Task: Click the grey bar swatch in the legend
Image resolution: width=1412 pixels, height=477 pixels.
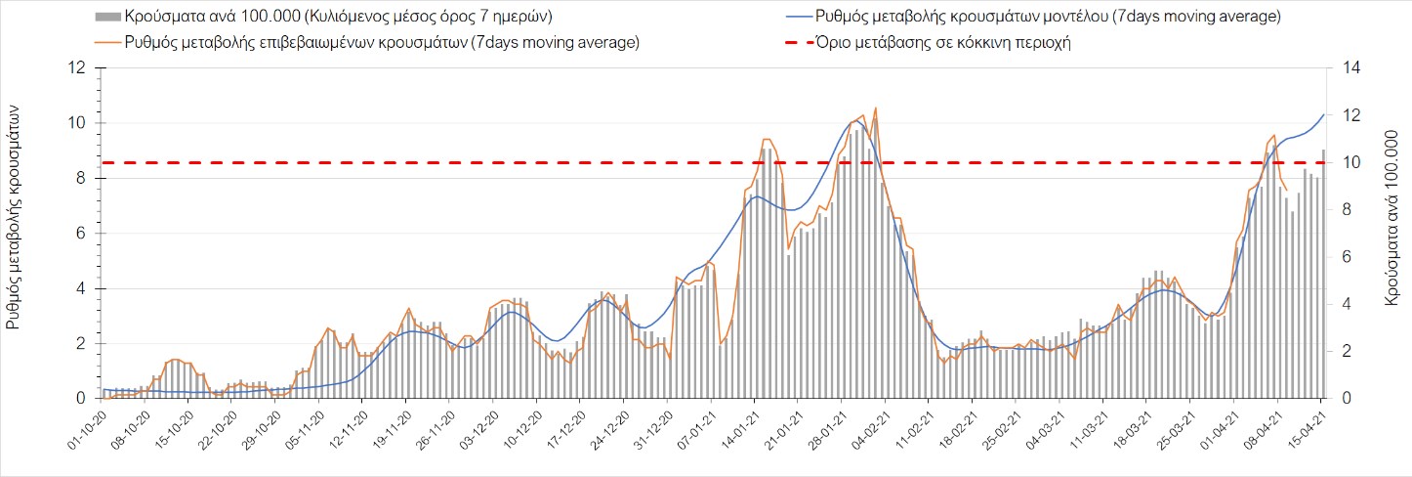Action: (108, 18)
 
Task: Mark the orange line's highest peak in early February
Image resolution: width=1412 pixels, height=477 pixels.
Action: (875, 108)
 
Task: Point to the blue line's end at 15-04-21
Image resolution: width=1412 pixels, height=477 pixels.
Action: (1324, 114)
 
